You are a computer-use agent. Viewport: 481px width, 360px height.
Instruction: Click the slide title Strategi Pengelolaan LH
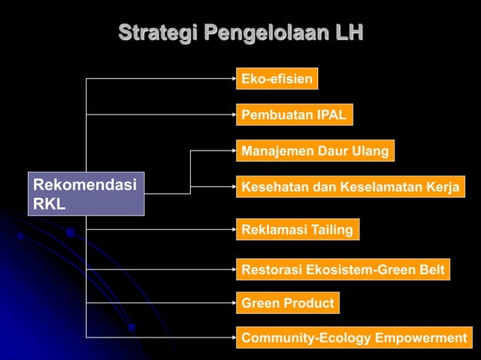240,33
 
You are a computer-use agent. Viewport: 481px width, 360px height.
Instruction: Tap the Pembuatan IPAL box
294,115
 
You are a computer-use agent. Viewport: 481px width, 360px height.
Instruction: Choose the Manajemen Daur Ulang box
315,151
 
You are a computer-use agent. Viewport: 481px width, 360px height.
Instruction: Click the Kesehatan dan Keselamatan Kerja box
350,188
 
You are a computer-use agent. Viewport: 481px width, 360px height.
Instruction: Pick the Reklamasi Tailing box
297,230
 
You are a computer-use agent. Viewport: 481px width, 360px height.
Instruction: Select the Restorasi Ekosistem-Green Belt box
343,269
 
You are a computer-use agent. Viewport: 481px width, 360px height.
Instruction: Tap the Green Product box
287,303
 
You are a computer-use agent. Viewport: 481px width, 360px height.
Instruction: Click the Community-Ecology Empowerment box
354,338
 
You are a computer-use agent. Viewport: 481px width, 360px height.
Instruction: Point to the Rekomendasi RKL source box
85,194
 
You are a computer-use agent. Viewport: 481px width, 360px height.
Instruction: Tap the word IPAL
331,115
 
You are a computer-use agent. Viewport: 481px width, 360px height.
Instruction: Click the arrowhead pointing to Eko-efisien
233,78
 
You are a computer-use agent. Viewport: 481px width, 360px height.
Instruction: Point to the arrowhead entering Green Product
233,303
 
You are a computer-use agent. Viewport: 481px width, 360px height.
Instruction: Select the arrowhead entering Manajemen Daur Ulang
233,151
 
